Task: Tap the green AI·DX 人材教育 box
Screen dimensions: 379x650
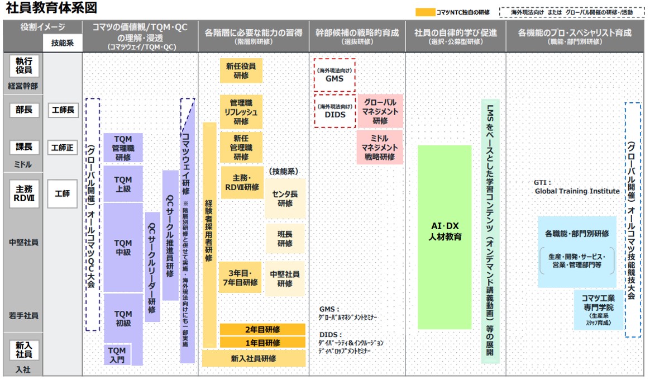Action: tap(445, 237)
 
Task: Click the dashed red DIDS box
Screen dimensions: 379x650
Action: tap(334, 111)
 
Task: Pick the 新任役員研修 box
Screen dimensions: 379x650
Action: tap(241, 70)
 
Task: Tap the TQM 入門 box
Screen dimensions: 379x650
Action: tap(117, 355)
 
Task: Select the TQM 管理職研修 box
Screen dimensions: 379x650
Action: tap(123, 148)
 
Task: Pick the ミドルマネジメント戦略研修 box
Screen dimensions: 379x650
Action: tap(380, 148)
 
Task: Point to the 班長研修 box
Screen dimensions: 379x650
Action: tap(285, 239)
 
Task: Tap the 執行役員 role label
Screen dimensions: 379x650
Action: tap(24, 67)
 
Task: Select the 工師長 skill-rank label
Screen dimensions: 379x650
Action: tap(63, 110)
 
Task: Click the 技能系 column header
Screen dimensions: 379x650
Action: tap(63, 42)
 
